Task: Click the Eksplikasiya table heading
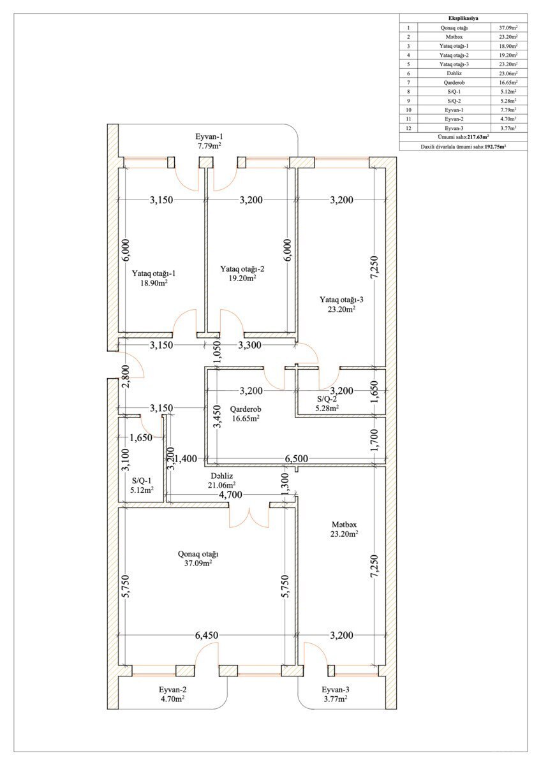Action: pyautogui.click(x=463, y=18)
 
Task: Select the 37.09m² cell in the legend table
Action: pyautogui.click(x=508, y=27)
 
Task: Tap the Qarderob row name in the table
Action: pyautogui.click(x=454, y=82)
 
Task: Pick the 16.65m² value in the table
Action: pyautogui.click(x=508, y=82)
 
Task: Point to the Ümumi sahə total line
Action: pyautogui.click(x=463, y=137)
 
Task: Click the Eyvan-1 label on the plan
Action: pyautogui.click(x=209, y=136)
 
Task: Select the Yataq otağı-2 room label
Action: pyautogui.click(x=242, y=269)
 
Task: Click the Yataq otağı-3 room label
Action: pyautogui.click(x=341, y=300)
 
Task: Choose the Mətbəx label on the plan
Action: pyautogui.click(x=344, y=524)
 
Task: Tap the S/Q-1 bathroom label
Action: pyautogui.click(x=142, y=481)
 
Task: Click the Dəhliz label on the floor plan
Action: pyautogui.click(x=222, y=476)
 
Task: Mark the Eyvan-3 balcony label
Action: pyautogui.click(x=336, y=690)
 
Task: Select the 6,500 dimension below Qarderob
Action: pyautogui.click(x=296, y=458)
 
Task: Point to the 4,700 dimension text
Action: pyautogui.click(x=230, y=495)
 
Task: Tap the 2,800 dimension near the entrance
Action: pyautogui.click(x=126, y=376)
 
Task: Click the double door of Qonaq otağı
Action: pyautogui.click(x=250, y=518)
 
